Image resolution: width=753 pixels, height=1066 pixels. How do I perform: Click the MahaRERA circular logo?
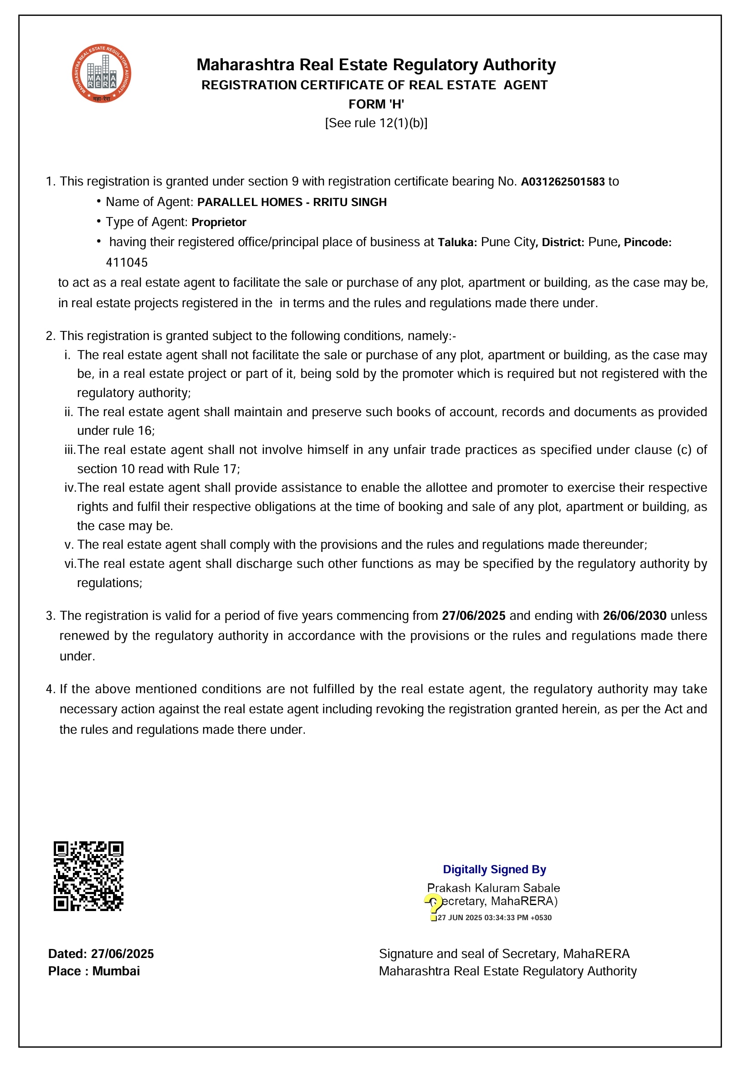[x=101, y=73]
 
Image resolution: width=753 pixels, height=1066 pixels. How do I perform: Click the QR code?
[x=88, y=876]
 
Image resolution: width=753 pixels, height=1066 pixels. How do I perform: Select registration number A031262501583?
[x=562, y=181]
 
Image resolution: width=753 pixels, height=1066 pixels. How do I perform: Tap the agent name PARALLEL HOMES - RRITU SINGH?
[x=292, y=202]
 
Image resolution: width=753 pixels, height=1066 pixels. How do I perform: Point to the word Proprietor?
[x=219, y=222]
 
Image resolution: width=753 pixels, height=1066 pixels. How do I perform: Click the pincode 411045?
[x=127, y=263]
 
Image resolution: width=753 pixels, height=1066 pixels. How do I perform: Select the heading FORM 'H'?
[x=376, y=104]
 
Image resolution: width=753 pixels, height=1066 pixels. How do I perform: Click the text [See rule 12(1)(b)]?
[x=376, y=123]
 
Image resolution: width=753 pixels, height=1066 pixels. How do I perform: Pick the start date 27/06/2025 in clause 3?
[x=473, y=616]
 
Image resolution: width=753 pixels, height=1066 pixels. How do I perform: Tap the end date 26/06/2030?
[x=634, y=616]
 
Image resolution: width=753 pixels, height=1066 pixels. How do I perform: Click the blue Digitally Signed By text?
[x=494, y=870]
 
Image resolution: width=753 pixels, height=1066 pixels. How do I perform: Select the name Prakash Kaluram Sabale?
[x=493, y=888]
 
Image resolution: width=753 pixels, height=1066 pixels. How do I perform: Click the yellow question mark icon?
[x=433, y=906]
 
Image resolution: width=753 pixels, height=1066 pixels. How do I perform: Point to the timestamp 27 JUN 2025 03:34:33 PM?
[x=494, y=918]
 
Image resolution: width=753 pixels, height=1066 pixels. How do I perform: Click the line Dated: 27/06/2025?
[x=101, y=953]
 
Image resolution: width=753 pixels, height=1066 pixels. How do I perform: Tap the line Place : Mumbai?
[x=94, y=971]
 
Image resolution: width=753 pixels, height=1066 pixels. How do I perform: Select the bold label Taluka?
[x=457, y=242]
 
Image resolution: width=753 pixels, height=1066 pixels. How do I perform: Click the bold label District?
[x=562, y=242]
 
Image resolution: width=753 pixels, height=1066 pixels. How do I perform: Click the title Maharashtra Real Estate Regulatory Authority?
[x=376, y=65]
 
